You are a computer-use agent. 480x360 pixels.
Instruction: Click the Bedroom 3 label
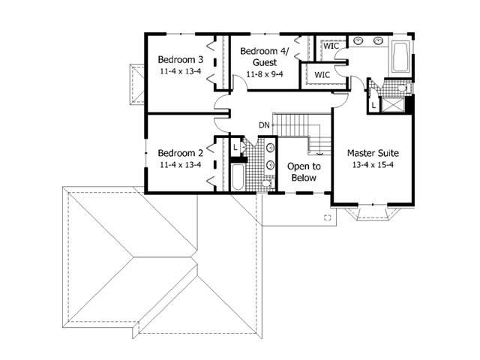(180, 60)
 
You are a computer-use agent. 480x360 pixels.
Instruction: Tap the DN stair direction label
(264, 124)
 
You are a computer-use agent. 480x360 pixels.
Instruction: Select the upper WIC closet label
(331, 46)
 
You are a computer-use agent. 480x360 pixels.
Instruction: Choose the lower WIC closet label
(322, 75)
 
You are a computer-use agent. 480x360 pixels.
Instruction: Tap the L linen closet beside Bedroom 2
(235, 148)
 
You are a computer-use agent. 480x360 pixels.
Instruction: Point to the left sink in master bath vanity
(358, 40)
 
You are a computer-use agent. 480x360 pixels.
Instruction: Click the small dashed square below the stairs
(327, 217)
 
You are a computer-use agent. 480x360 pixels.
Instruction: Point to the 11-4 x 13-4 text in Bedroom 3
(180, 71)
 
